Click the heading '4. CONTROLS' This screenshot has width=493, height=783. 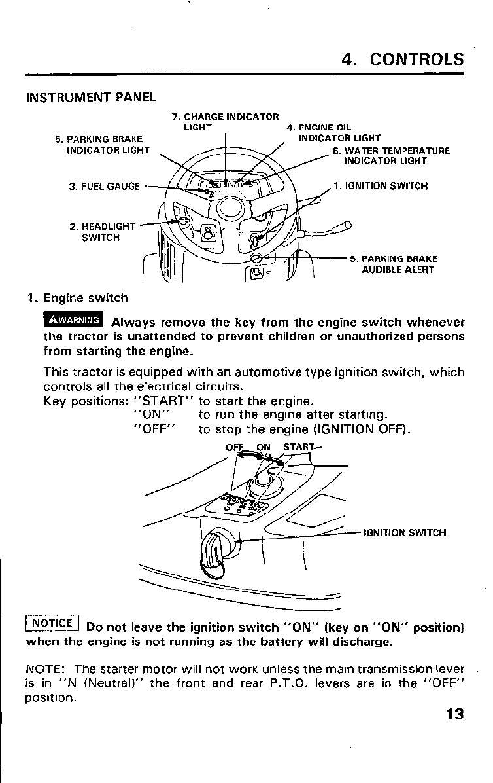(x=403, y=59)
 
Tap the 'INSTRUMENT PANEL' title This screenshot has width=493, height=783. (x=90, y=98)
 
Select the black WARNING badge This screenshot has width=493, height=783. (x=73, y=320)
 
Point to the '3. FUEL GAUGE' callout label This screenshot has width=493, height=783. (x=105, y=186)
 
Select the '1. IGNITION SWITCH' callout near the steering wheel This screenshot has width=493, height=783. (x=380, y=185)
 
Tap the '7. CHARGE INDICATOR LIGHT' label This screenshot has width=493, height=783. (x=225, y=122)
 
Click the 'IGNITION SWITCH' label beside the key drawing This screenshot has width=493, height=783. (x=404, y=532)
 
